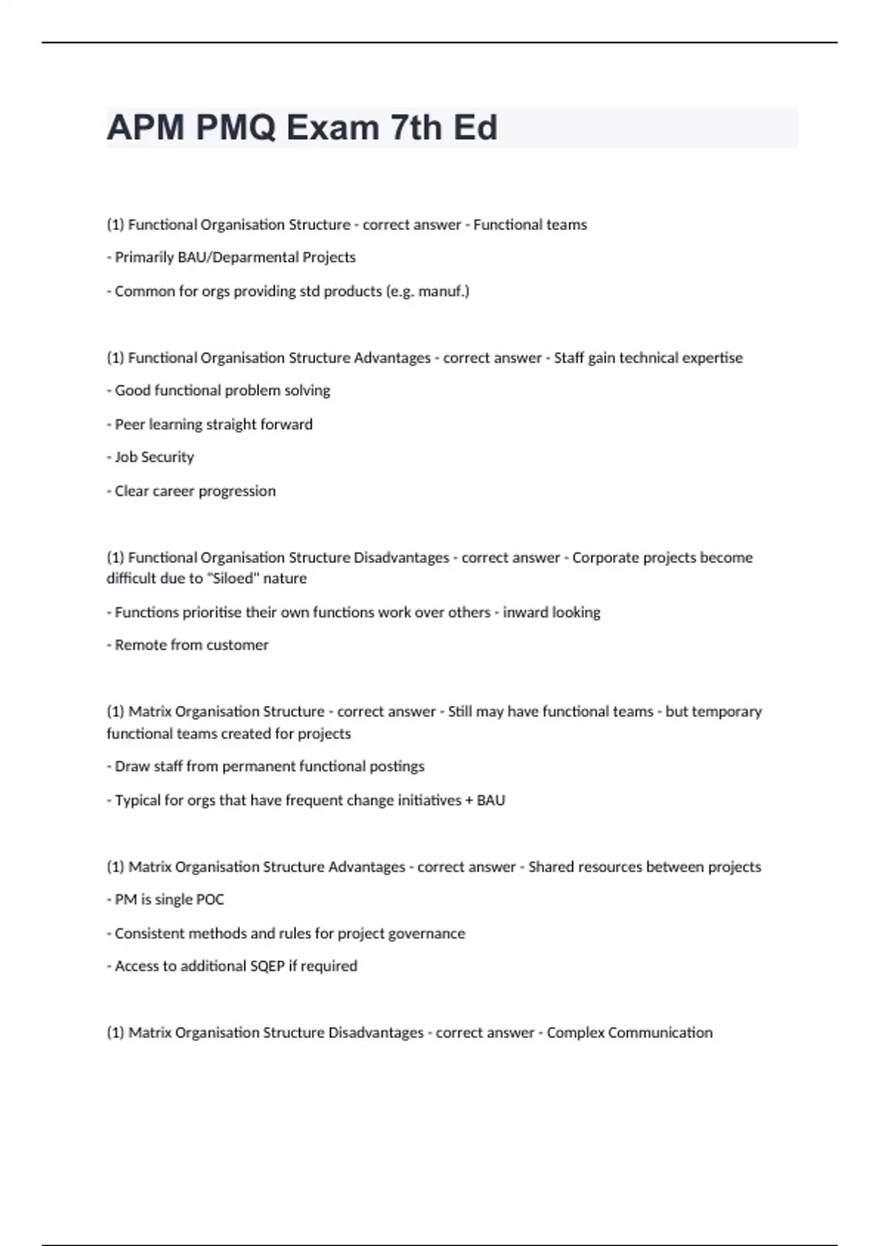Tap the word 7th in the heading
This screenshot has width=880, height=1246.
point(417,128)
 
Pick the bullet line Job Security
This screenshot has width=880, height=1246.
point(154,457)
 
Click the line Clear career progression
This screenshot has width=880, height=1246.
point(195,491)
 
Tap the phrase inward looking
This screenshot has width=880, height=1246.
point(551,612)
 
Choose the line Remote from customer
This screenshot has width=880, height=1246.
point(191,645)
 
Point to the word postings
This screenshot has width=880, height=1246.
point(396,767)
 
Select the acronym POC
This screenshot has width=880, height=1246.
point(210,899)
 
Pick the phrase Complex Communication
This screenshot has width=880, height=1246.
point(629,1033)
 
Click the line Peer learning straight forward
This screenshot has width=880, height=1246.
point(213,424)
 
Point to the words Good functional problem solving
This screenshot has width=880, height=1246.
point(222,391)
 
